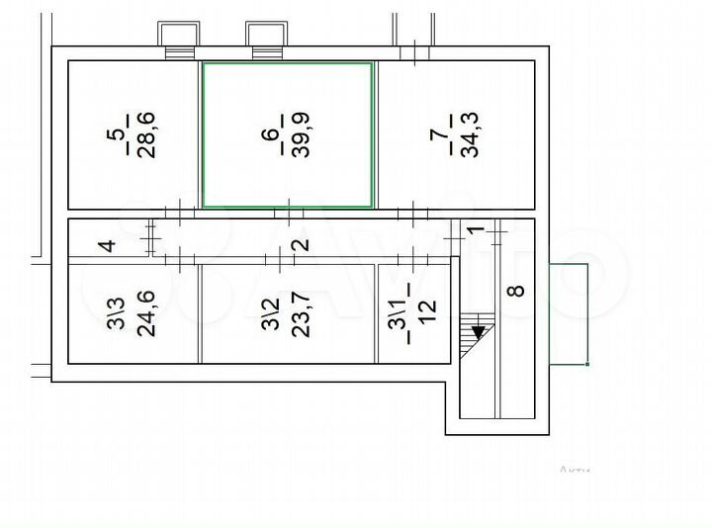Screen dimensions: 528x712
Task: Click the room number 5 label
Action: coord(116,132)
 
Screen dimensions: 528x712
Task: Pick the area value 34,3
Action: coord(472,133)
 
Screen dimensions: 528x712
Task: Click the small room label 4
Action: coord(109,245)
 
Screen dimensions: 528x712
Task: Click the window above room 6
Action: coord(266,36)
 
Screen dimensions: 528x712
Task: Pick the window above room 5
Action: coord(179,36)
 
